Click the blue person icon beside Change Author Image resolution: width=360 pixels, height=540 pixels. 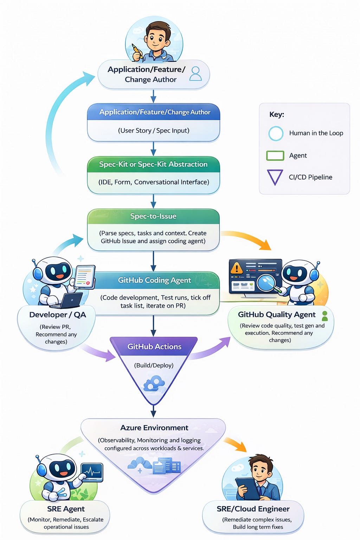(195, 74)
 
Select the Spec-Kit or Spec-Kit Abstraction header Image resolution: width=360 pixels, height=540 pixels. (153, 164)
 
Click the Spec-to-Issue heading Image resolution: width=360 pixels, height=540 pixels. (153, 216)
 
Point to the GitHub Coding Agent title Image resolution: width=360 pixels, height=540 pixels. (154, 280)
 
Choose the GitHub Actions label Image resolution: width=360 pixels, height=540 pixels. (154, 347)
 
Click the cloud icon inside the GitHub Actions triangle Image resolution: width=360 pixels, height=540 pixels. (154, 383)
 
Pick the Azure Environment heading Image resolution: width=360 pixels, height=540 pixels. (154, 428)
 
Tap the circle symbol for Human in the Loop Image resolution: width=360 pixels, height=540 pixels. (276, 134)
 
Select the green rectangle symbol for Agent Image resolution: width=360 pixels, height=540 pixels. (275, 156)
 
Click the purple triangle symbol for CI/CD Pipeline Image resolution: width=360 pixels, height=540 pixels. (275, 176)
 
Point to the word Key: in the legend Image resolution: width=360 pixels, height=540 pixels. (277, 115)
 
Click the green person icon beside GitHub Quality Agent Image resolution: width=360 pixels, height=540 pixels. (325, 315)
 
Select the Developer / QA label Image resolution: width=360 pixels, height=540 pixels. (58, 315)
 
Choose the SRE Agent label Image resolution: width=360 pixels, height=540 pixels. (66, 509)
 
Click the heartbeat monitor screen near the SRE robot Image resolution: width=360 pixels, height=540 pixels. (92, 472)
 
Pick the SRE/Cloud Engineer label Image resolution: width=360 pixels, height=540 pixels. (253, 509)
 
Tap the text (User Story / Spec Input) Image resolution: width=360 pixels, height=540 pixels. (154, 131)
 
